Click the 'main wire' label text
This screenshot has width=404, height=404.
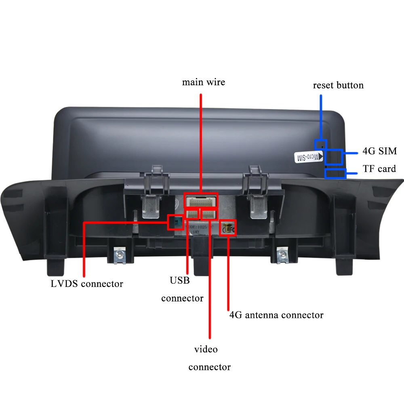(x=203, y=82)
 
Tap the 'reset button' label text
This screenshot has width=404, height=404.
(x=338, y=85)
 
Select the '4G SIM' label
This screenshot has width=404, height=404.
(x=379, y=151)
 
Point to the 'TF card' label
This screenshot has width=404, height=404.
(x=379, y=169)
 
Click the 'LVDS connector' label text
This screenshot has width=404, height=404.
(x=87, y=284)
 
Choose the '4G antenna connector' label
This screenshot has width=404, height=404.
(x=276, y=315)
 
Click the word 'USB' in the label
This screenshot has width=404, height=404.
(x=180, y=280)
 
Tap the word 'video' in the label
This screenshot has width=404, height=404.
(x=206, y=349)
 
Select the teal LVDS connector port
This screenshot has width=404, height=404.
(x=175, y=221)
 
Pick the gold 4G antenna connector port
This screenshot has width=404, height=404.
(x=227, y=228)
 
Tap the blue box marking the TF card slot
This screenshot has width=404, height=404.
(x=335, y=174)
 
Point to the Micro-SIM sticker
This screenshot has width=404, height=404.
(x=305, y=157)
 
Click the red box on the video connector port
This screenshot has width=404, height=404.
(x=209, y=214)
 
